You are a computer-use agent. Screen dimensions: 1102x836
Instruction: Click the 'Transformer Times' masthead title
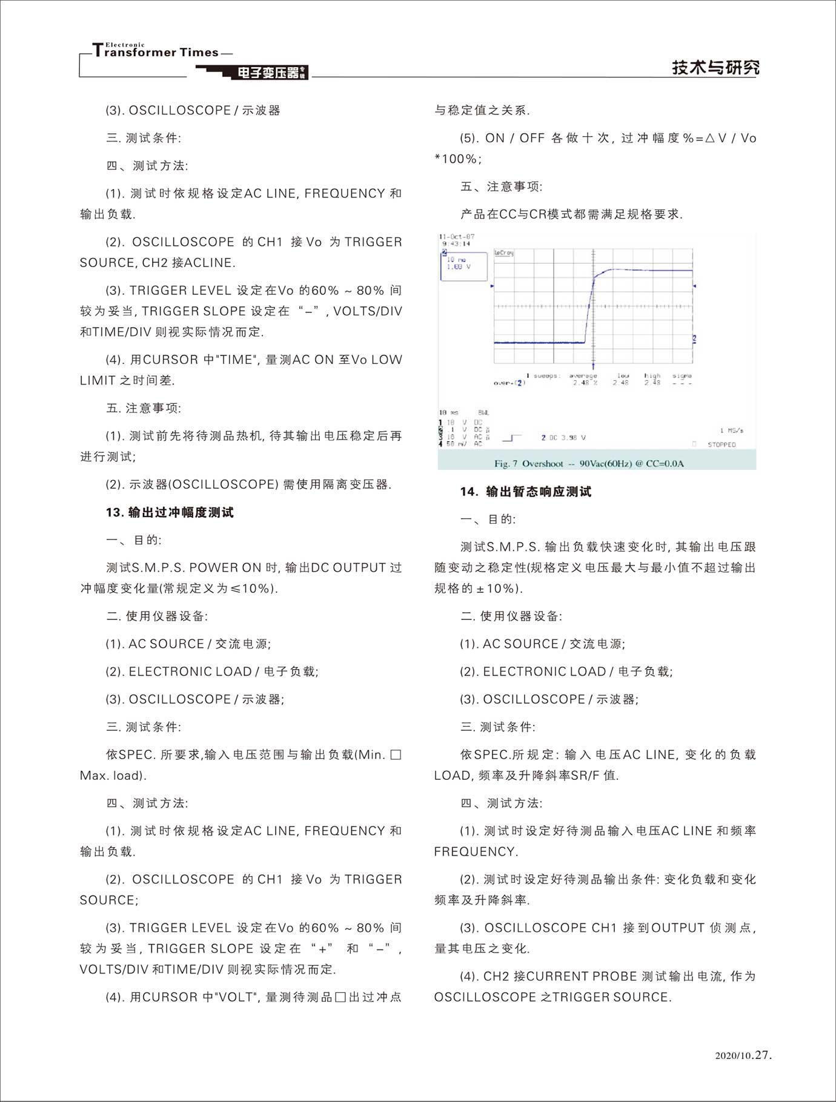[x=156, y=52]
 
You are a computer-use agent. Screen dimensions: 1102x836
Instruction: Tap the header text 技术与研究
[x=715, y=67]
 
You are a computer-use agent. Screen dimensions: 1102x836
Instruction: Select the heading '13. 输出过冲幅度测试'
[x=170, y=512]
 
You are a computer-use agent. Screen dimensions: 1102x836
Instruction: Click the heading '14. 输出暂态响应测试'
[x=525, y=492]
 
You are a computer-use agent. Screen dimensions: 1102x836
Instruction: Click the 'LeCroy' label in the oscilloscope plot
[x=504, y=252]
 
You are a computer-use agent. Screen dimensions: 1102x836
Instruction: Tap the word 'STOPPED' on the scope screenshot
[x=722, y=444]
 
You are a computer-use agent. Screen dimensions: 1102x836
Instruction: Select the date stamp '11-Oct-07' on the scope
[x=457, y=237]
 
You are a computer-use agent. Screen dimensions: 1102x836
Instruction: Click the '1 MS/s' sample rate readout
[x=732, y=431]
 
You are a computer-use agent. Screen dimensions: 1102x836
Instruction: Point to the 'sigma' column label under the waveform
[x=682, y=376]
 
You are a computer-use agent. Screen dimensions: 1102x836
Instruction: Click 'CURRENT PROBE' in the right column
[x=582, y=976]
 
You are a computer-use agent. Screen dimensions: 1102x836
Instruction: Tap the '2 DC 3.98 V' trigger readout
[x=563, y=437]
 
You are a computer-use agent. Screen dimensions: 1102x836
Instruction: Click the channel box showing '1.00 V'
[x=463, y=266]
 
